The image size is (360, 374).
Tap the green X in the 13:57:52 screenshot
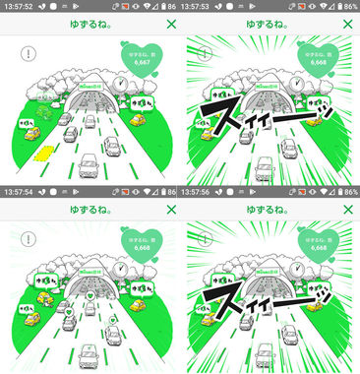170,24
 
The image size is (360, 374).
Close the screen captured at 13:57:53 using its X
350,24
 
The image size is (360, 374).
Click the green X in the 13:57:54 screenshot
170,210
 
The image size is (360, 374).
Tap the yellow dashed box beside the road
42,152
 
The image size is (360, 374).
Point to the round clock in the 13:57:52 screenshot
120,86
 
